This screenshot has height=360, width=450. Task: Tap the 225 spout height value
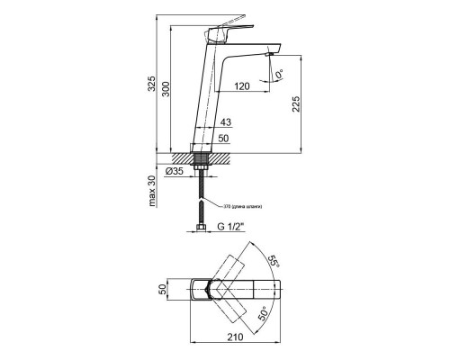(307, 106)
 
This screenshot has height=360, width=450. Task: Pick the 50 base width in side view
(225, 138)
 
